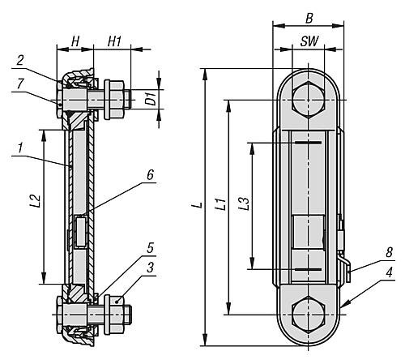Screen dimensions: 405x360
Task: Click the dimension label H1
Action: click(114, 42)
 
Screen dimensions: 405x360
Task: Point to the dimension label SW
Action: click(309, 41)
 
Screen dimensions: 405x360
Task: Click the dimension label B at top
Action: click(309, 19)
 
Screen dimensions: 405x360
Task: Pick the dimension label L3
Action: click(244, 204)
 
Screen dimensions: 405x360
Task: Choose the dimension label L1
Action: click(220, 204)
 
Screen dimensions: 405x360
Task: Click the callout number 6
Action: click(150, 174)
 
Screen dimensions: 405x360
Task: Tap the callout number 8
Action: click(389, 252)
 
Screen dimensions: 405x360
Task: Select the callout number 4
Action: click(389, 272)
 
